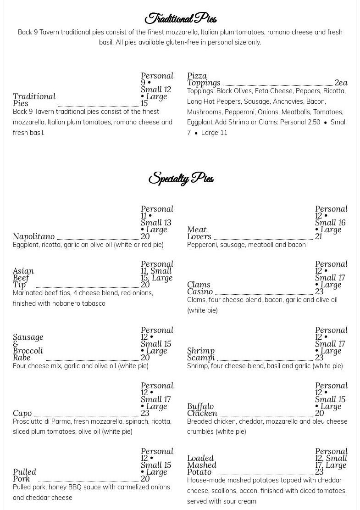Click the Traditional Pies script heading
pos(180,19)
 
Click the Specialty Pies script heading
pos(181,178)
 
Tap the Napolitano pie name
pos(33,236)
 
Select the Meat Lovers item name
pos(199,233)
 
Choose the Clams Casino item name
pos(199,288)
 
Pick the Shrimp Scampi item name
pos(201,354)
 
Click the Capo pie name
pos(22,413)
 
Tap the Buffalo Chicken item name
pos(202,409)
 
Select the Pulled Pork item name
pos(24,475)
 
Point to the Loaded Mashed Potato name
pos(201,465)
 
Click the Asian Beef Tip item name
pos(23,278)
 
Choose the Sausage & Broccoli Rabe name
pos(28,347)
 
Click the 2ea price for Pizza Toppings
pos(341,83)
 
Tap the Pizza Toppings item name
pos(203,79)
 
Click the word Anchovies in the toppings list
pos(288,101)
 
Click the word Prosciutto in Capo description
pos(28,421)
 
